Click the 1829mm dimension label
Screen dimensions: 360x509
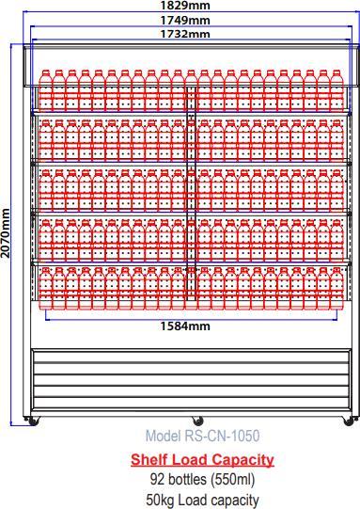[x=185, y=6]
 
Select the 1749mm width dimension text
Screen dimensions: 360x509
[x=185, y=20]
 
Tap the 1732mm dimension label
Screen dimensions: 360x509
[x=185, y=34]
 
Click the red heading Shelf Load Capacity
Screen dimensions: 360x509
[x=202, y=459]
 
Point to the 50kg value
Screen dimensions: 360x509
[x=162, y=500]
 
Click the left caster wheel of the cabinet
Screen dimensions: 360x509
[x=35, y=421]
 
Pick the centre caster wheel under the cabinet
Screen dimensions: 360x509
[x=196, y=421]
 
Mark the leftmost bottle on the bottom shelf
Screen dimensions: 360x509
[x=45, y=287]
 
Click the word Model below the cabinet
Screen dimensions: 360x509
[x=163, y=437]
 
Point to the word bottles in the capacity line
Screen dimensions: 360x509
[x=186, y=480]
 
